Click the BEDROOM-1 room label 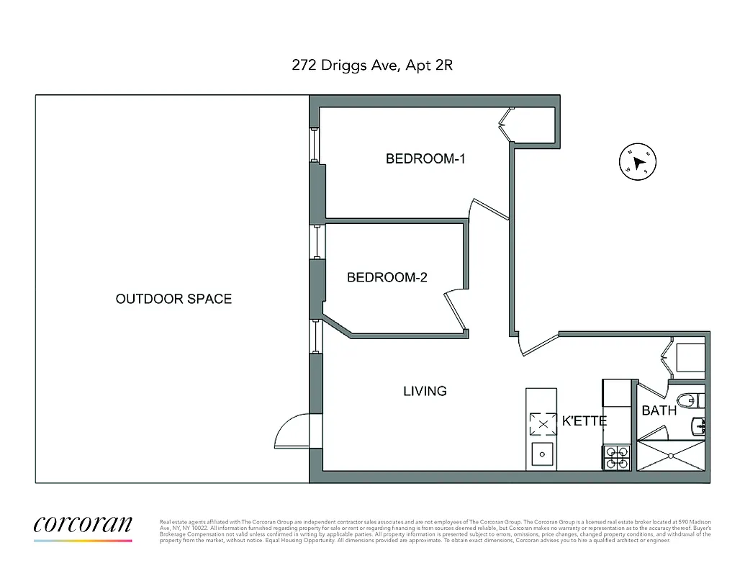coord(425,159)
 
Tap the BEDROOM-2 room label coord(387,277)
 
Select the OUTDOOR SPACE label coord(173,299)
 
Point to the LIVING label coord(424,391)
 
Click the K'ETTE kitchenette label coord(584,421)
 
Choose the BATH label coord(659,410)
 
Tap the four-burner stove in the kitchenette coord(616,458)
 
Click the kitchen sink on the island coord(542,454)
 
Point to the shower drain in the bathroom coord(671,455)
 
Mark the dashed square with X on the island coord(543,424)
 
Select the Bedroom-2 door coord(456,309)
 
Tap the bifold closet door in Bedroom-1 coord(505,125)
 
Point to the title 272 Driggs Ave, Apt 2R coord(372,66)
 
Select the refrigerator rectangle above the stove coord(616,393)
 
